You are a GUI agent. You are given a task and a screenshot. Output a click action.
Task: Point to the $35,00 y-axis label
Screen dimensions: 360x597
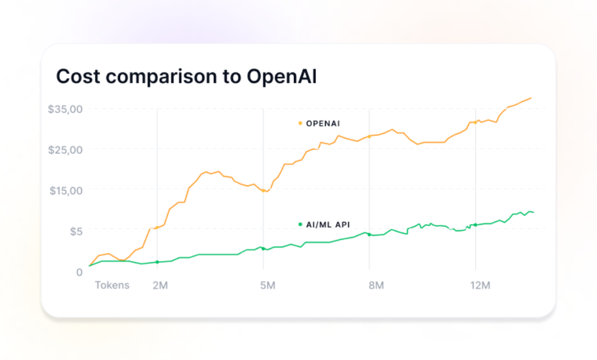(65, 109)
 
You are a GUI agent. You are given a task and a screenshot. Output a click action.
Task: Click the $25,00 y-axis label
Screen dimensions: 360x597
(65, 150)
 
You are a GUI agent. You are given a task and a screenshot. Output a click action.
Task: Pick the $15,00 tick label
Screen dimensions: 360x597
(65, 190)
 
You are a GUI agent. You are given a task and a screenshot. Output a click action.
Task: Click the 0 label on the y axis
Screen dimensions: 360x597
(79, 272)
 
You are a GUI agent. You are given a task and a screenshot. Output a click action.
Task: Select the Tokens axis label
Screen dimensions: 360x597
(112, 285)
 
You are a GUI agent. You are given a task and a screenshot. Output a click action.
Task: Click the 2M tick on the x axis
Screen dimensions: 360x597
(160, 285)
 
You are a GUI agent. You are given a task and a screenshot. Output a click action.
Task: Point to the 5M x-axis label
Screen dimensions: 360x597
(267, 285)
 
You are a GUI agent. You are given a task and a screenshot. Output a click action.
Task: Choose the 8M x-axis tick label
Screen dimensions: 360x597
(376, 285)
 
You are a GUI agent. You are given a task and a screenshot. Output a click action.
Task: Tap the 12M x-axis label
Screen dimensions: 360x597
(480, 285)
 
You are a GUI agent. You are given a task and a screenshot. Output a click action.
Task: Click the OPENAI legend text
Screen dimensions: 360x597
(323, 123)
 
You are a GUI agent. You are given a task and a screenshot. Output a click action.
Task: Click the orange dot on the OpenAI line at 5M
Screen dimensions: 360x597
(264, 190)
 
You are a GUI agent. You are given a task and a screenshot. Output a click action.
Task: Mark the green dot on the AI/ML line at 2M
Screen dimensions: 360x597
(157, 262)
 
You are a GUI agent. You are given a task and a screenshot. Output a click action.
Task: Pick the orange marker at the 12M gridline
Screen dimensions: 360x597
(475, 122)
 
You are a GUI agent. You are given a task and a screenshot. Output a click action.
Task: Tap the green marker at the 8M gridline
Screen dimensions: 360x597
(369, 235)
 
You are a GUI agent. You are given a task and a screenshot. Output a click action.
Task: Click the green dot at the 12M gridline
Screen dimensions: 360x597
(475, 225)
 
